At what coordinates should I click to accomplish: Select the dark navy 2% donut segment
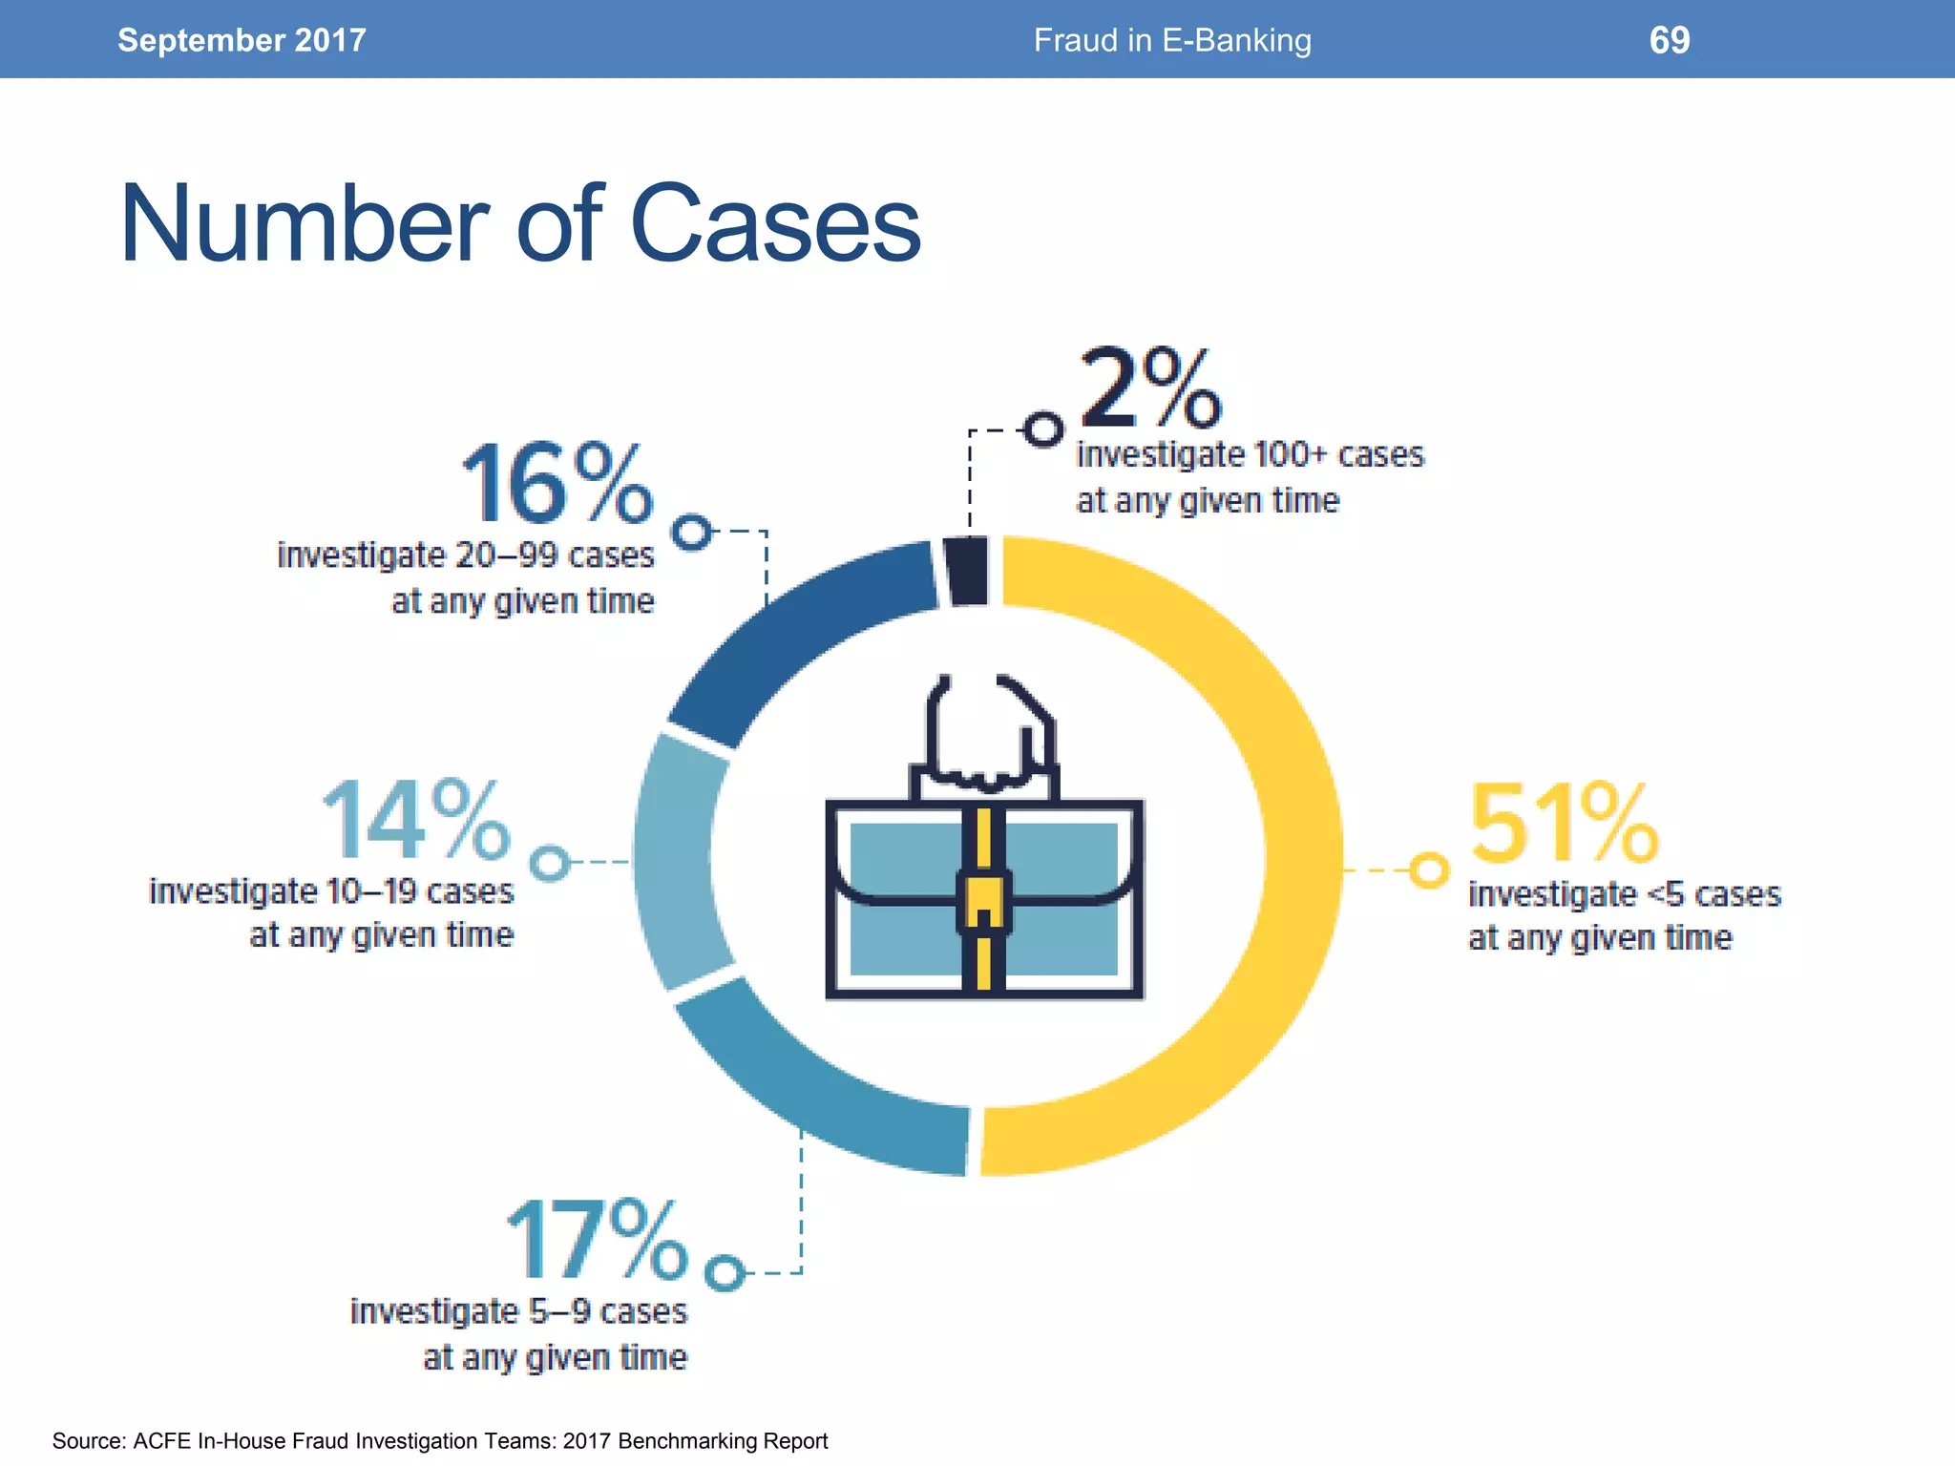[x=968, y=571]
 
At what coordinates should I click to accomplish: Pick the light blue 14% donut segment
[x=674, y=859]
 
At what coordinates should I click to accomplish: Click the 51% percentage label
[x=1564, y=823]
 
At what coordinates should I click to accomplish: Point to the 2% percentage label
[x=1149, y=389]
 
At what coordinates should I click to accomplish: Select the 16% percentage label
[x=557, y=485]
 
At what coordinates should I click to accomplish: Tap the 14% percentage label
[x=416, y=821]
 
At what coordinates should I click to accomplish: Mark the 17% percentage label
[x=596, y=1241]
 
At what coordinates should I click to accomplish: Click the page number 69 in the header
[x=1669, y=40]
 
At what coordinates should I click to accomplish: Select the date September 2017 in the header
[x=242, y=40]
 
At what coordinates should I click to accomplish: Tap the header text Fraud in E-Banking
[x=1172, y=40]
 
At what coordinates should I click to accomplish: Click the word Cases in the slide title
[x=775, y=225]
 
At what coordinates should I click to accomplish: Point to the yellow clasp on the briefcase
[x=983, y=902]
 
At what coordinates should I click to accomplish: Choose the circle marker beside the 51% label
[x=1429, y=870]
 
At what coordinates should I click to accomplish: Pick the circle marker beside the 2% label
[x=1043, y=429]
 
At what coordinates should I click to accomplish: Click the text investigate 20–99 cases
[x=466, y=555]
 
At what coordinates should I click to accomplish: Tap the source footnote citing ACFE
[x=439, y=1441]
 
